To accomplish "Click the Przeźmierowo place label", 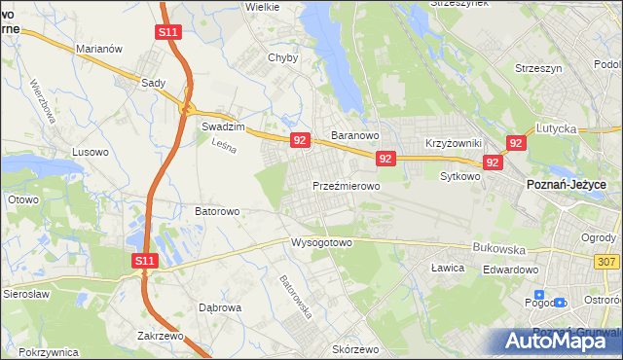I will pyautogui.click(x=346, y=185).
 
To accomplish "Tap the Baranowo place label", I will pyautogui.click(x=354, y=136).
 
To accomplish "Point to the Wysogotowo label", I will pyautogui.click(x=320, y=242).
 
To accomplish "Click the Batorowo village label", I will pyautogui.click(x=217, y=210).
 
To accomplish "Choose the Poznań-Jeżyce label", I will pyautogui.click(x=567, y=184).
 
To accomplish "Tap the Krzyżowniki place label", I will pyautogui.click(x=455, y=142).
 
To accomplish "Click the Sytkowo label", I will pyautogui.click(x=460, y=177).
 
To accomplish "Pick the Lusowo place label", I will pyautogui.click(x=91, y=153).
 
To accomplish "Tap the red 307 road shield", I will pyautogui.click(x=605, y=262).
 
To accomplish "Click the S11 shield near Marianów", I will pyautogui.click(x=167, y=32).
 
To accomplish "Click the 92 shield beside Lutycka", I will pyautogui.click(x=516, y=143).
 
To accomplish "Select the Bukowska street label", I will pyautogui.click(x=498, y=248).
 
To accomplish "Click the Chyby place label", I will pyautogui.click(x=282, y=57).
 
